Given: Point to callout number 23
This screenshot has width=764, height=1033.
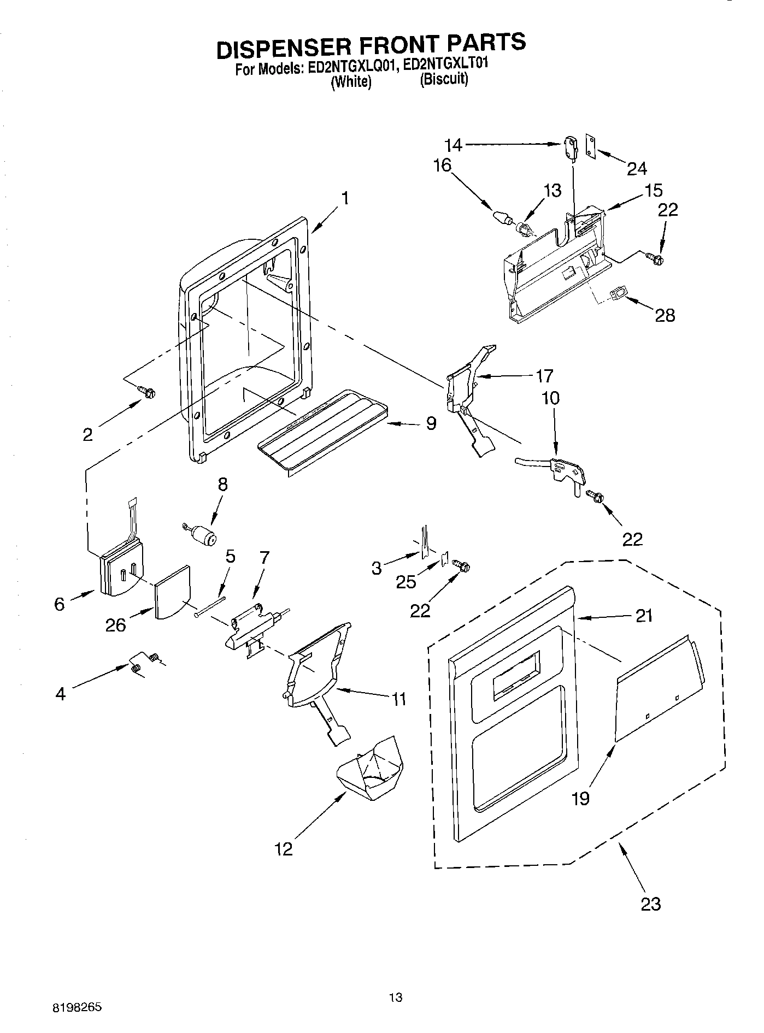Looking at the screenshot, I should [651, 904].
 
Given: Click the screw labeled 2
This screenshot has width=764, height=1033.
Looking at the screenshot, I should [148, 391].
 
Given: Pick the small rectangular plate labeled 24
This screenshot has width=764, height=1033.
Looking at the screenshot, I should [590, 146].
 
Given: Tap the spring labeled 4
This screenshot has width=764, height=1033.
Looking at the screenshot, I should [137, 666].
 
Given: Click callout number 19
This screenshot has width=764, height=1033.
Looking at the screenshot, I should [581, 798].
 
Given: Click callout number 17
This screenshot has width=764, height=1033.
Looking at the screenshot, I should [544, 376].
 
